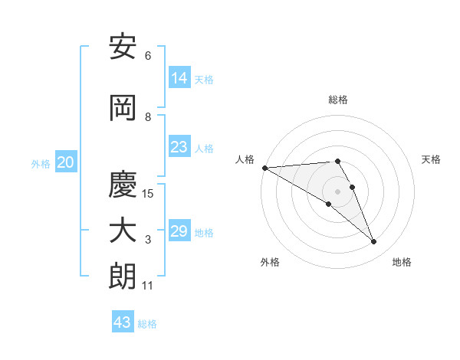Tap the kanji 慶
(x=123, y=185)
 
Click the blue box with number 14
(x=179, y=77)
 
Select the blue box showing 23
(x=179, y=147)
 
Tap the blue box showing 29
(x=179, y=231)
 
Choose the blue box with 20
(x=66, y=162)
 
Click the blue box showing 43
(x=123, y=322)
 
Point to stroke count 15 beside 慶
(x=148, y=194)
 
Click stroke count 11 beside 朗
(x=148, y=286)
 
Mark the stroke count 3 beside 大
(x=148, y=240)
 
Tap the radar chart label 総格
(x=338, y=100)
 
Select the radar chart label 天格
(x=432, y=159)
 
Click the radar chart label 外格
(x=270, y=262)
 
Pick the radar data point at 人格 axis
(x=264, y=167)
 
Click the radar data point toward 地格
(x=374, y=242)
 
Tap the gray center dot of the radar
(x=337, y=191)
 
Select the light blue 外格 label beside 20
(x=41, y=163)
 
